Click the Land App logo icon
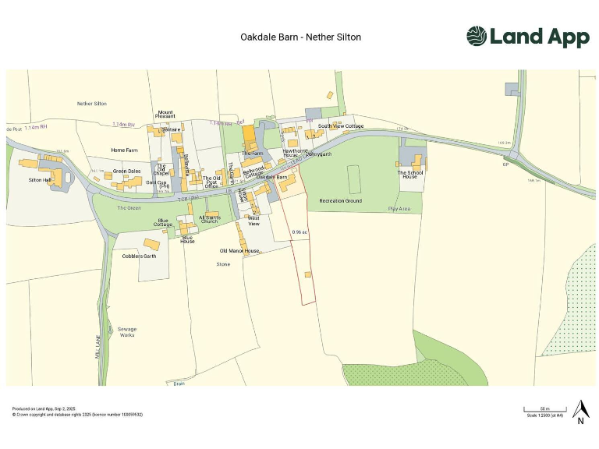pyautogui.click(x=476, y=36)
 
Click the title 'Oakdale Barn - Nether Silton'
pyautogui.click(x=301, y=37)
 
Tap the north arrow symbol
pyautogui.click(x=580, y=410)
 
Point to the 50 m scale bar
pyautogui.click(x=544, y=409)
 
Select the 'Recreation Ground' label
pyautogui.click(x=340, y=201)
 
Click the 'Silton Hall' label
pyautogui.click(x=40, y=180)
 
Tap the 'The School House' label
pyautogui.click(x=410, y=175)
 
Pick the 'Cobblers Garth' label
pyautogui.click(x=140, y=256)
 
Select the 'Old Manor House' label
pyautogui.click(x=239, y=251)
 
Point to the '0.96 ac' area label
pyautogui.click(x=299, y=232)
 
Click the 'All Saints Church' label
pyautogui.click(x=209, y=219)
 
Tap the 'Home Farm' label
pyautogui.click(x=123, y=150)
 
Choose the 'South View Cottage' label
pyautogui.click(x=341, y=126)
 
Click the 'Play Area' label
pyautogui.click(x=399, y=209)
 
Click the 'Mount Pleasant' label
pyautogui.click(x=165, y=114)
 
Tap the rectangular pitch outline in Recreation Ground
pyautogui.click(x=353, y=179)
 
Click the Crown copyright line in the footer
pyautogui.click(x=77, y=415)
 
